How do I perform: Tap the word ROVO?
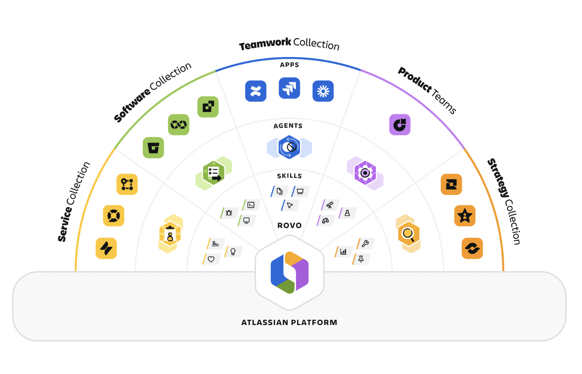coord(290,225)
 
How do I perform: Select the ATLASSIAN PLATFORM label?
coord(289,322)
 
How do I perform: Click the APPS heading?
coord(289,65)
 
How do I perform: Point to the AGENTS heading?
coord(288,126)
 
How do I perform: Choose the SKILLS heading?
coord(289,176)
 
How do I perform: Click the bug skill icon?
coord(229,213)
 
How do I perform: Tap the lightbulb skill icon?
coord(233,252)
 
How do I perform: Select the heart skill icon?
coord(211,259)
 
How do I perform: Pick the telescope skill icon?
coord(330,205)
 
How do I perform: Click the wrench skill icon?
coord(365,244)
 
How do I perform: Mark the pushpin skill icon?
coord(361,259)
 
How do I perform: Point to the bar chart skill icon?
coord(344,252)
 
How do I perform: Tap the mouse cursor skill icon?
coord(290,205)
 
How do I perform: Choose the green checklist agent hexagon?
coord(214,173)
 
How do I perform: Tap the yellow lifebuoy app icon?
coord(113,216)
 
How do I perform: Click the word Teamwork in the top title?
coord(265,44)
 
